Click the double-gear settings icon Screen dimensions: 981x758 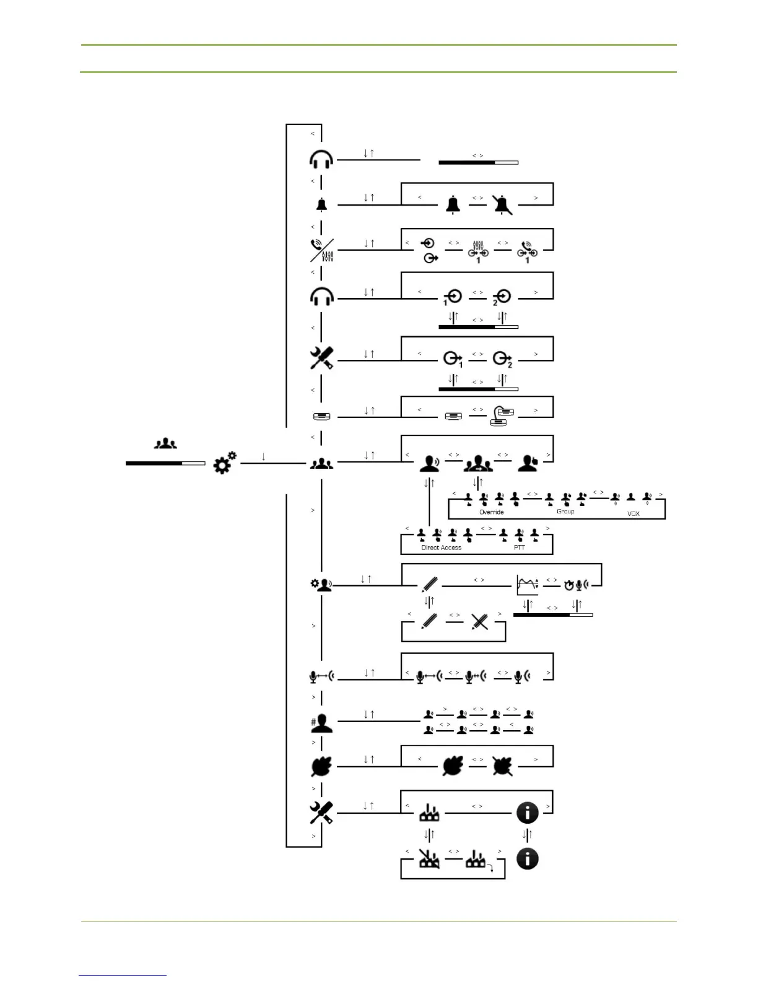click(224, 463)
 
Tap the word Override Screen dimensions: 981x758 click(492, 512)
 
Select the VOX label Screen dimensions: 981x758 click(633, 514)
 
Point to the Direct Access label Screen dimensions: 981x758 click(441, 547)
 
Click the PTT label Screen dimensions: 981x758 click(519, 547)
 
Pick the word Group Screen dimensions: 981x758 click(565, 512)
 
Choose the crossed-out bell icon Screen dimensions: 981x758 click(502, 204)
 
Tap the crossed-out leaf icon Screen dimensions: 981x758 click(502, 767)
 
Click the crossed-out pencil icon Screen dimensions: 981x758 click(479, 621)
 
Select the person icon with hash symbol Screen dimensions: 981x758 click(321, 723)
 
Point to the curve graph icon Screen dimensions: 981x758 click(527, 585)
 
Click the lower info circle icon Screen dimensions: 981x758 click(527, 859)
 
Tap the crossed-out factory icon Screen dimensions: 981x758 click(429, 859)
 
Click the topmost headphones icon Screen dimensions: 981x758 click(321, 160)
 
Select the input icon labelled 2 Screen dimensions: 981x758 click(502, 297)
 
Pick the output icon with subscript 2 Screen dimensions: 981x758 click(502, 359)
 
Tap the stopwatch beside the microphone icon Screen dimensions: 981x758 click(568, 585)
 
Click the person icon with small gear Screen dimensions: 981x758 click(321, 585)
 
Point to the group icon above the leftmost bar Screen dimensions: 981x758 click(165, 443)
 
